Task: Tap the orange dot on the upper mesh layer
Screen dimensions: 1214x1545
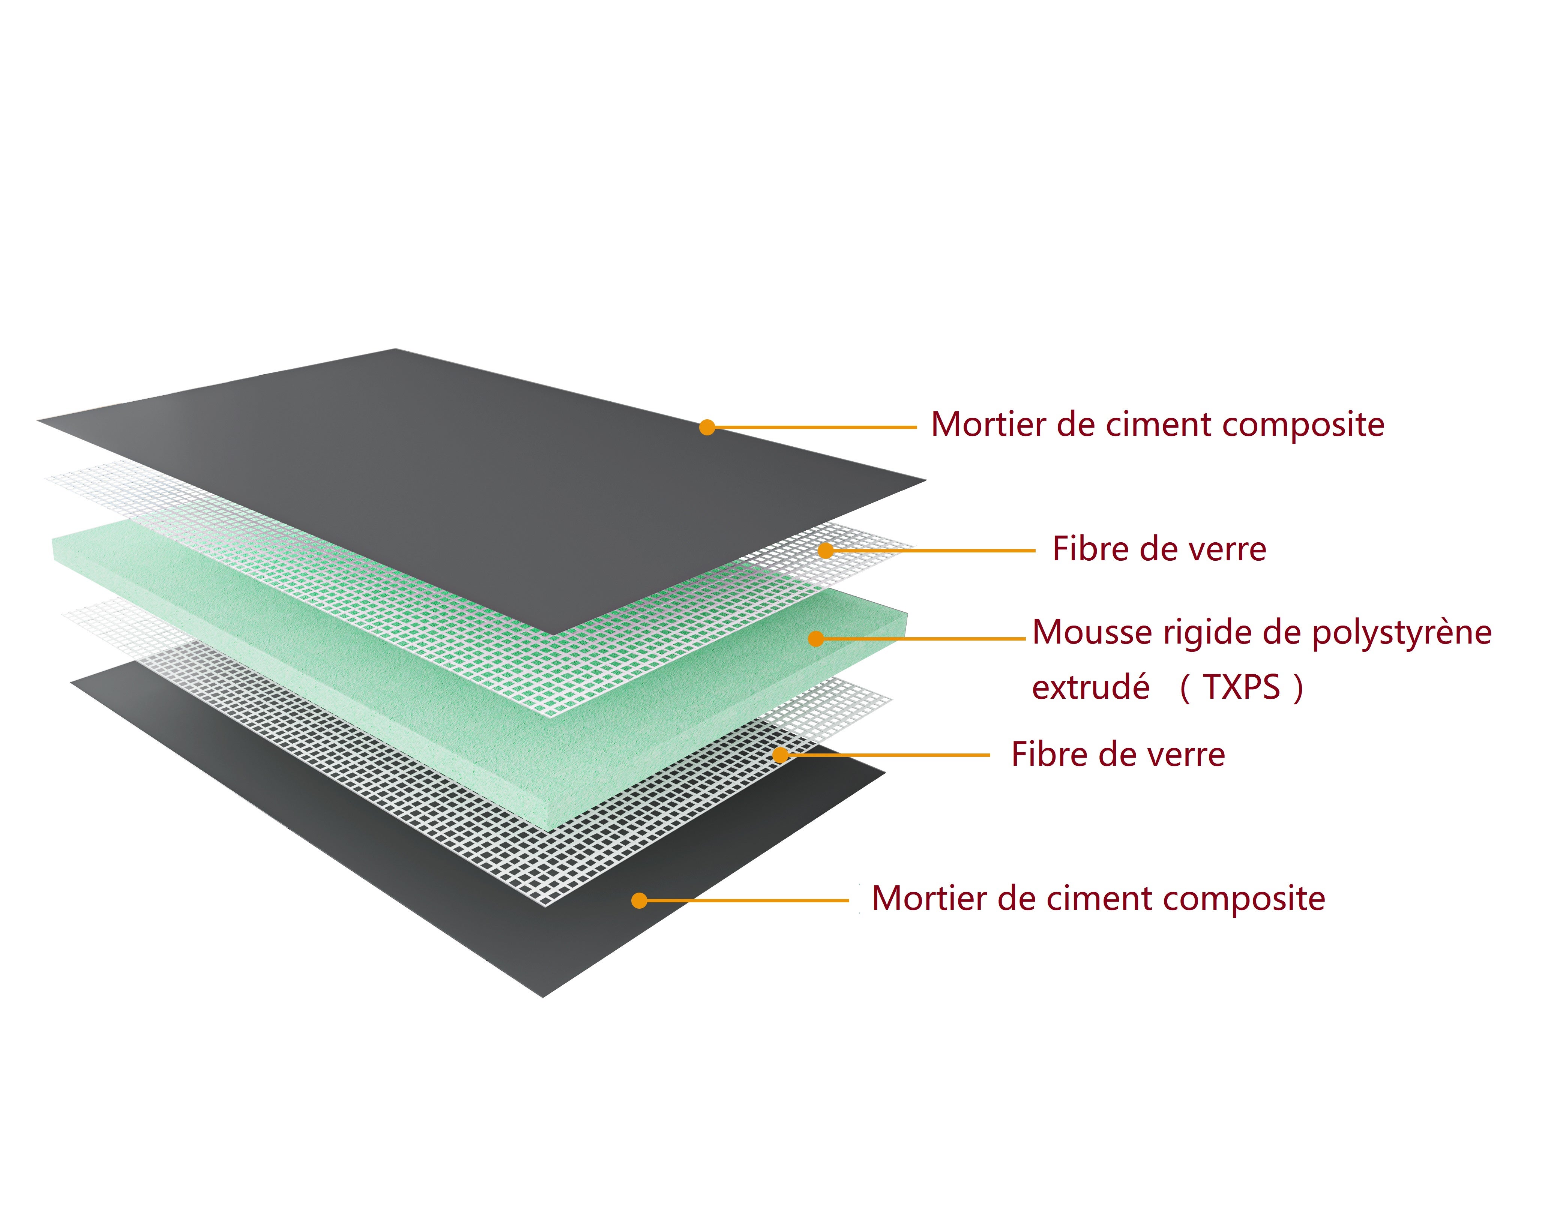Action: pos(826,550)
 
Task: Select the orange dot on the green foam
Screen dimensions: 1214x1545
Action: pos(816,639)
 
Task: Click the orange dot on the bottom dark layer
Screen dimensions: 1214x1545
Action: pos(639,900)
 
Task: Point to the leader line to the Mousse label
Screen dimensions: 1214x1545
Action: pos(924,639)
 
